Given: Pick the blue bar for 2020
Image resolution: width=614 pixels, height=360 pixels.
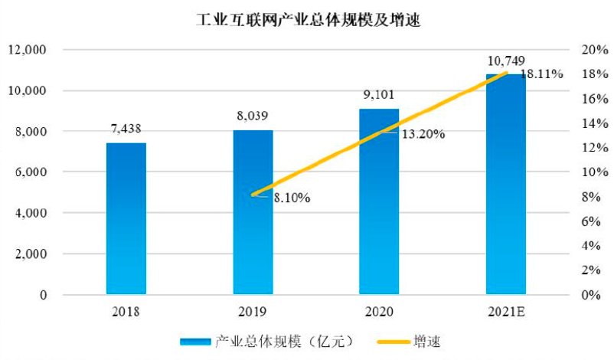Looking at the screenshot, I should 379,203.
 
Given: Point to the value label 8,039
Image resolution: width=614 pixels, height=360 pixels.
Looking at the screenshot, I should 253,116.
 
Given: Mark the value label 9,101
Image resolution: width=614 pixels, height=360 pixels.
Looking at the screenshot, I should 380,96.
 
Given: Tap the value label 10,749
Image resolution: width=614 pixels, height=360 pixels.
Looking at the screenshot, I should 506,61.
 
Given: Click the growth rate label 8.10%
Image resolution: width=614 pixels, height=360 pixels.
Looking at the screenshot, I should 291,198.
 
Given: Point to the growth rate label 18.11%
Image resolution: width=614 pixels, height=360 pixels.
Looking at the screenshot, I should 541,75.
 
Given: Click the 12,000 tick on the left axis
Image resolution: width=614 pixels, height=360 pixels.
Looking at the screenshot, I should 27,50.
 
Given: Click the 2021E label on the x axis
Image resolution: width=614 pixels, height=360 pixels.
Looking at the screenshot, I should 506,311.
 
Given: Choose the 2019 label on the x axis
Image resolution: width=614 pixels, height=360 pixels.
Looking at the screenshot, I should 253,311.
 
